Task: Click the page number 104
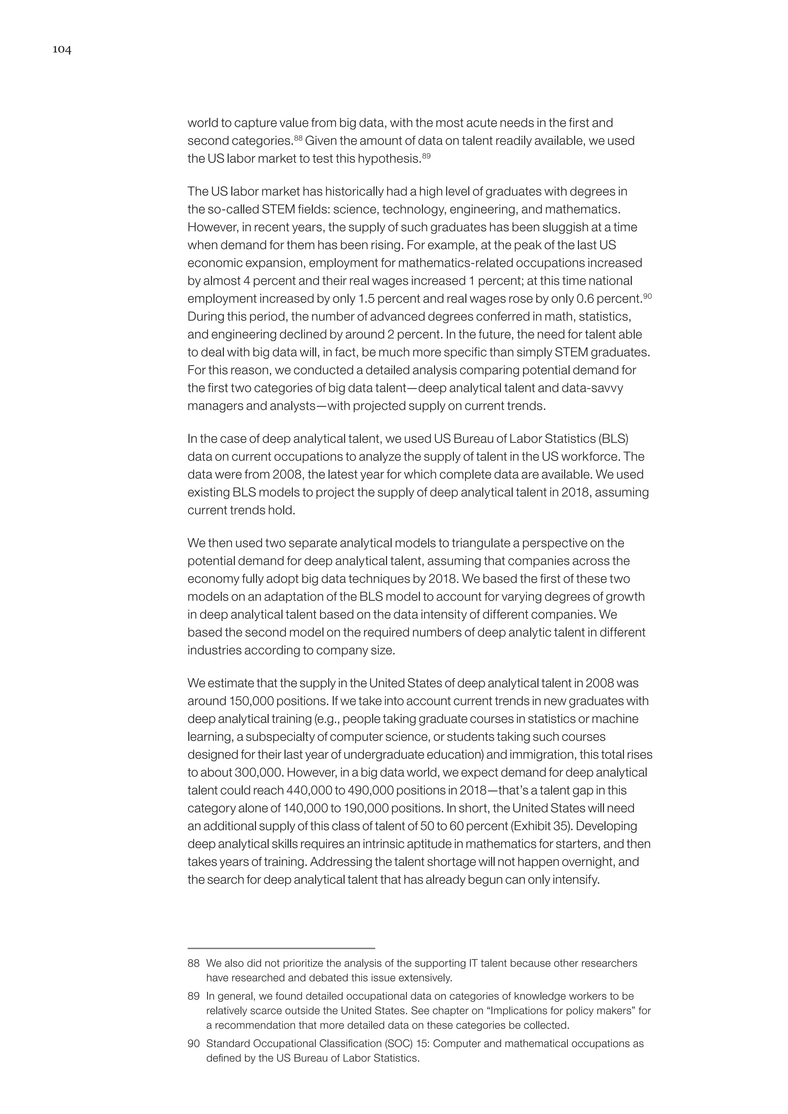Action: coord(62,50)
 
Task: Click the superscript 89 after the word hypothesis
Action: coord(426,156)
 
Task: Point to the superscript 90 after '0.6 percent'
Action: coord(647,296)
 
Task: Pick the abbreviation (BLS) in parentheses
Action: coord(614,439)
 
